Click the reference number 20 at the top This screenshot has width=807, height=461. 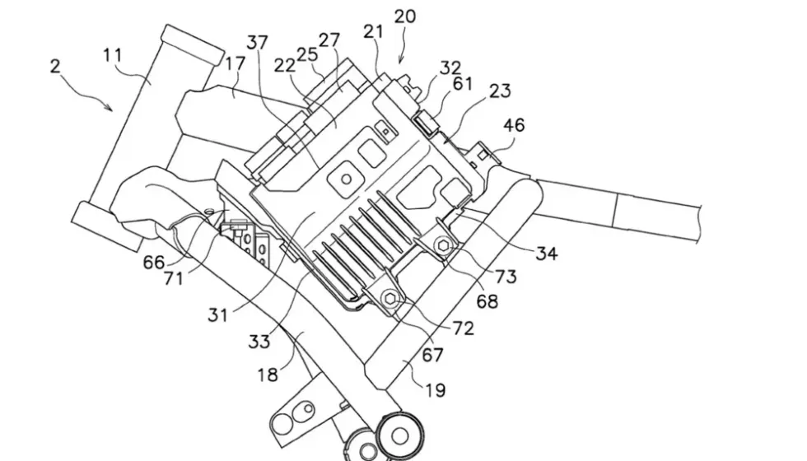click(x=405, y=16)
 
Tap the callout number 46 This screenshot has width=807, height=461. click(x=514, y=125)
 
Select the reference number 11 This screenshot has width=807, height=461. click(x=112, y=54)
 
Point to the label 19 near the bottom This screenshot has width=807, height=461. click(x=436, y=390)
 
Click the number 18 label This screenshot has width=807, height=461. click(x=268, y=375)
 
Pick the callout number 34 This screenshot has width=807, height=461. click(x=547, y=253)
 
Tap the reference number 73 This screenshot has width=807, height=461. click(x=506, y=277)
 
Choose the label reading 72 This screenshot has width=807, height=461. click(x=463, y=328)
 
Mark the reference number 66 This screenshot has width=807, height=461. click(x=154, y=263)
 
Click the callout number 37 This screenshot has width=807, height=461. click(x=257, y=42)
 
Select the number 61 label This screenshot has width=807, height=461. click(x=462, y=83)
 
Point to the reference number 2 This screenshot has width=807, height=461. click(x=55, y=67)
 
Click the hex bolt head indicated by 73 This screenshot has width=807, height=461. click(x=444, y=246)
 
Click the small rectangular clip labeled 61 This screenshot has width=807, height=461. click(x=426, y=123)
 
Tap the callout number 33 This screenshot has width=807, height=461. click(x=259, y=340)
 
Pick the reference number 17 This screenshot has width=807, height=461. click(x=235, y=64)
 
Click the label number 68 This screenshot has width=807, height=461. click(x=487, y=301)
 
